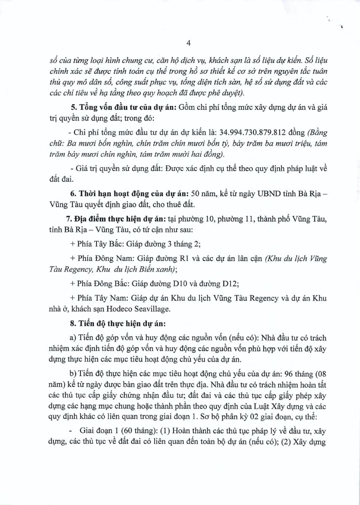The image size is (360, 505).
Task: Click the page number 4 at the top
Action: pos(189,43)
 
